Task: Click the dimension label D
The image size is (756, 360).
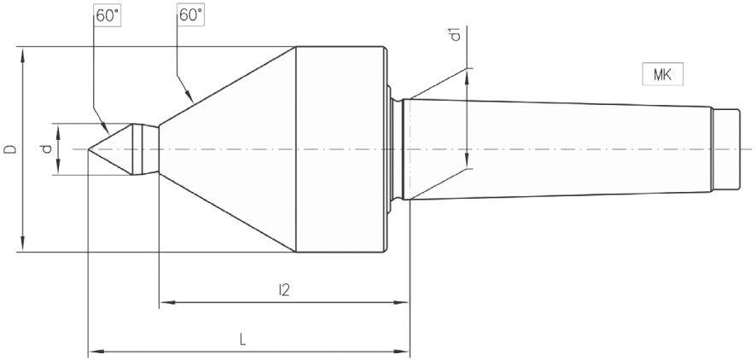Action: click(10, 149)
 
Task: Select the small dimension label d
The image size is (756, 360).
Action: click(48, 148)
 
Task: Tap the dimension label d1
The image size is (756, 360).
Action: click(456, 35)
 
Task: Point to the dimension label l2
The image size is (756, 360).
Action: click(284, 290)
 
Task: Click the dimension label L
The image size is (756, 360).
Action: click(243, 339)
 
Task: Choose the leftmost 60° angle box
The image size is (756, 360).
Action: click(108, 15)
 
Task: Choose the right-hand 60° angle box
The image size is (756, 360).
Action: click(189, 15)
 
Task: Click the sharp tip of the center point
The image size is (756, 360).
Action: click(90, 149)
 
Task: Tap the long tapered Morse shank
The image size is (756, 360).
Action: click(555, 149)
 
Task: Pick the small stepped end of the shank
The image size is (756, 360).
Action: click(724, 149)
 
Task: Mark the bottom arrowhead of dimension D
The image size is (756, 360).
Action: click(24, 247)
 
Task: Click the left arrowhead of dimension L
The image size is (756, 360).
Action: click(94, 349)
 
